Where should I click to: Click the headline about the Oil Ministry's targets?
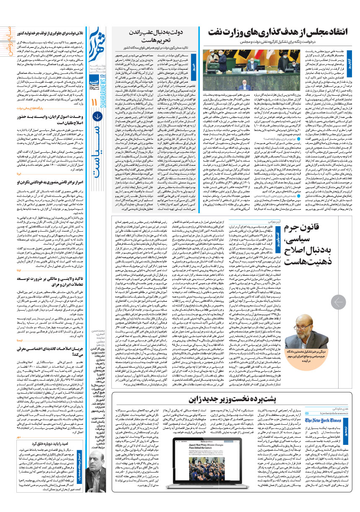click(x=278, y=32)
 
